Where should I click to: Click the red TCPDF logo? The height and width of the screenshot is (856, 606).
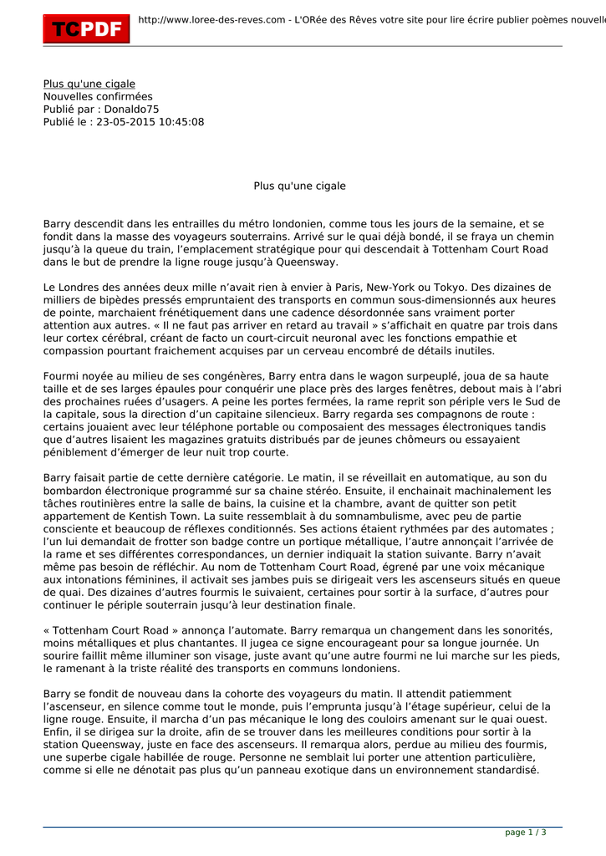(x=87, y=28)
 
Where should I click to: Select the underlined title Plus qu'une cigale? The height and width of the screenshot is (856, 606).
(x=89, y=84)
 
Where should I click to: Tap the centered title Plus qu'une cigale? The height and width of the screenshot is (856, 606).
(x=299, y=186)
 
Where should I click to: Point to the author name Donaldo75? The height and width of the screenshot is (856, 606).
(x=131, y=110)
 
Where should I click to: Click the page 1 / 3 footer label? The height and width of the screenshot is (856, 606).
(x=526, y=832)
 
